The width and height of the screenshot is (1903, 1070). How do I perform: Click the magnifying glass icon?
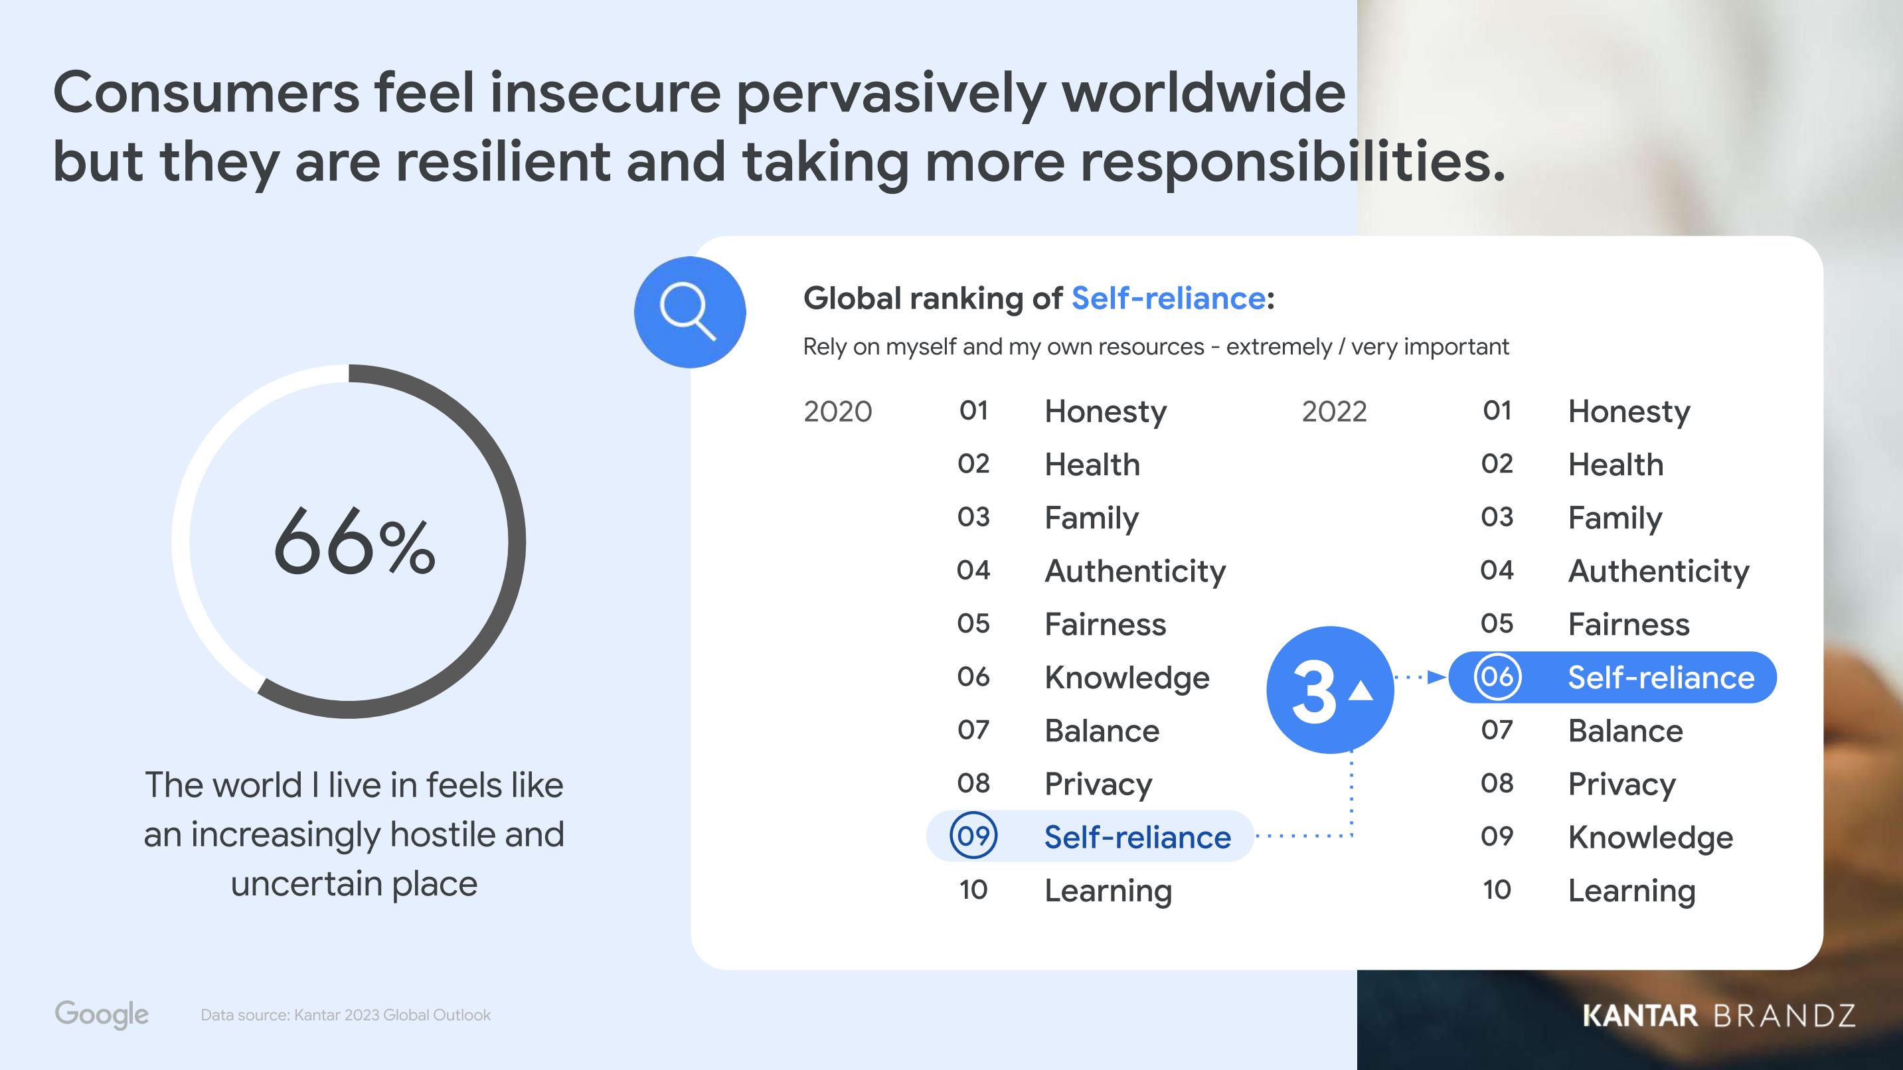click(689, 311)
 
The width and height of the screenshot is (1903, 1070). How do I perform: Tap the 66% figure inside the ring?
click(355, 542)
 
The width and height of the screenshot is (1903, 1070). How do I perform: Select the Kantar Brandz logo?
click(1719, 1016)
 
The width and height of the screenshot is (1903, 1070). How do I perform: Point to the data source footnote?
click(345, 1015)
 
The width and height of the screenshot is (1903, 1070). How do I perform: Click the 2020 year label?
click(838, 412)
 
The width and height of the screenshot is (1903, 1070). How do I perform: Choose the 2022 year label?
click(1334, 412)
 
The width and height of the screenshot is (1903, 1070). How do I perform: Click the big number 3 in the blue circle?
click(1314, 691)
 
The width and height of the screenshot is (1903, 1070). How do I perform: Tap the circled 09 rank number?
click(973, 835)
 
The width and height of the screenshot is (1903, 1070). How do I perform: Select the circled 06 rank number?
click(1497, 676)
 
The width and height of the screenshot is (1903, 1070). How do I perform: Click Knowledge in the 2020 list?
click(1127, 678)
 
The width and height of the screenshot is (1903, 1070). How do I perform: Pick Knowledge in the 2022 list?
click(1650, 838)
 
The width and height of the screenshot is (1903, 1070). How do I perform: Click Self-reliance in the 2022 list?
click(1661, 677)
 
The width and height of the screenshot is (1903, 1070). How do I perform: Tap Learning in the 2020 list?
click(1108, 891)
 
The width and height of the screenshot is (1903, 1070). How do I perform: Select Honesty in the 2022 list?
click(1629, 412)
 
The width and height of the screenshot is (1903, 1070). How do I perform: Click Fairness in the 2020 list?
click(1105, 624)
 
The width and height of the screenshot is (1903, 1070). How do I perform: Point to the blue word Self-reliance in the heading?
click(1169, 297)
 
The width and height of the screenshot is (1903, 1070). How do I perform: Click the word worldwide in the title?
click(1203, 93)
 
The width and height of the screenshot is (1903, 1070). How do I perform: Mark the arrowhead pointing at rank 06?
click(1437, 676)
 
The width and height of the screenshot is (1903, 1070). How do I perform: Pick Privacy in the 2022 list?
click(1621, 784)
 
